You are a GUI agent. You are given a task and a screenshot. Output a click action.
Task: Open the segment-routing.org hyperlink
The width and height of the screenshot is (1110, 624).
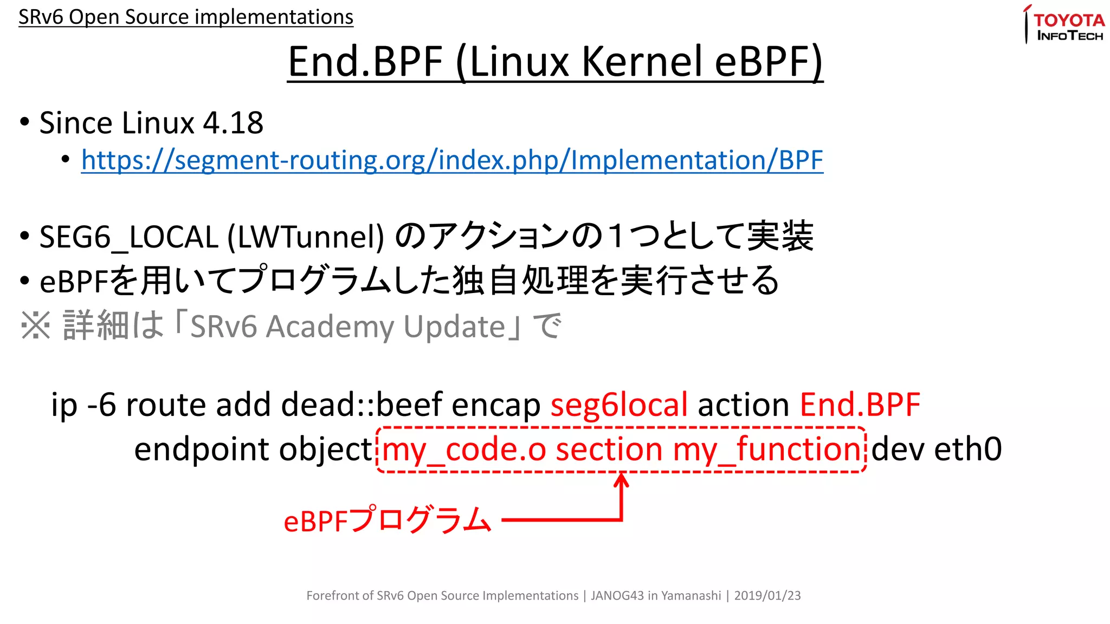452,160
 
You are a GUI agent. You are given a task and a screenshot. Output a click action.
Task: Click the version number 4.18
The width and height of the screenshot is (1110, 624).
233,123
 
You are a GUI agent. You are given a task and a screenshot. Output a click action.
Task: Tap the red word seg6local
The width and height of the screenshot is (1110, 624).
619,405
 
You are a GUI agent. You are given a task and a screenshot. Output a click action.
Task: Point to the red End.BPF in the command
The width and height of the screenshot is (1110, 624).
860,405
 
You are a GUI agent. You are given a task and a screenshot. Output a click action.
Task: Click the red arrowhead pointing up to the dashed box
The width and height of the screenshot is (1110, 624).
621,479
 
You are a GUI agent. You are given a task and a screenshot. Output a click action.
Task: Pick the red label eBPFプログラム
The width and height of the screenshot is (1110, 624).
387,521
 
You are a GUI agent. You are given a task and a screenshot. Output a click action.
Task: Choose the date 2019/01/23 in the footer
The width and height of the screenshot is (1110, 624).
767,596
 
